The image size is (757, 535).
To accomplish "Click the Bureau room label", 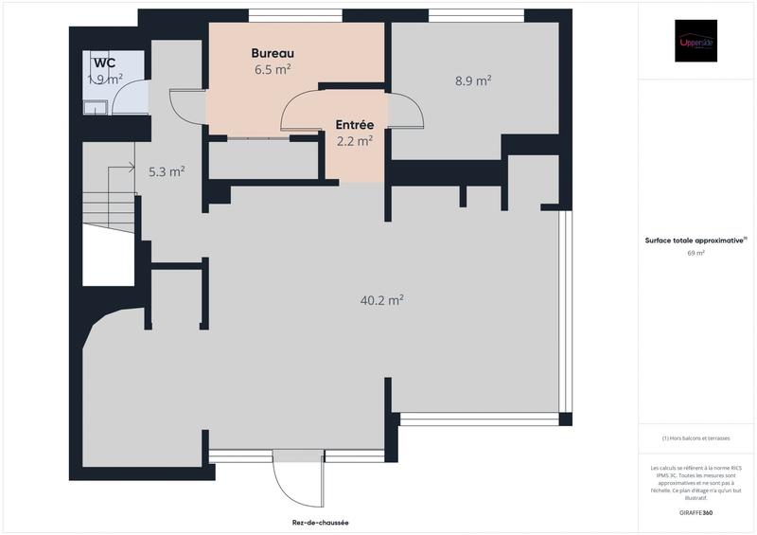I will pos(273,52).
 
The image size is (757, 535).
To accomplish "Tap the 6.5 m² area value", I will pos(273,69).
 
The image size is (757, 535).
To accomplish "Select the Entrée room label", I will pos(355,125).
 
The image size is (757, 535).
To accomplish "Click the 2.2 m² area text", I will pos(355,141).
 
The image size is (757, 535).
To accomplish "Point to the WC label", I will pos(104,62).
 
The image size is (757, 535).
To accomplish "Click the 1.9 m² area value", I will pos(105,80).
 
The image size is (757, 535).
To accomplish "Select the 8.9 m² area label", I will pos(473,81).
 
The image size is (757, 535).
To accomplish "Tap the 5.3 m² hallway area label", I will pos(167,171).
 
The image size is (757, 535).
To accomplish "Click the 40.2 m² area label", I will pos(382,300).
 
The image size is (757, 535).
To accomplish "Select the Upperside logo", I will pos(695,41).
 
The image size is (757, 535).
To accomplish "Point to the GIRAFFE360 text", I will pos(696,511).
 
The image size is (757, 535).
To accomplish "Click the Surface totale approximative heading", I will pos(695,241).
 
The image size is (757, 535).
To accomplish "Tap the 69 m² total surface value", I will pos(695,253).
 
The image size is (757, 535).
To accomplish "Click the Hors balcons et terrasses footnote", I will pos(695,438).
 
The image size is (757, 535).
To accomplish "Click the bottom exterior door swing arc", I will pos(284,488).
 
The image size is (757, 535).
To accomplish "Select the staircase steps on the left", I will pos(109,208).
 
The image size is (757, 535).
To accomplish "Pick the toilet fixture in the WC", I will pos(96,106).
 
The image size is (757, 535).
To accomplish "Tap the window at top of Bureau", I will pos(295,15).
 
